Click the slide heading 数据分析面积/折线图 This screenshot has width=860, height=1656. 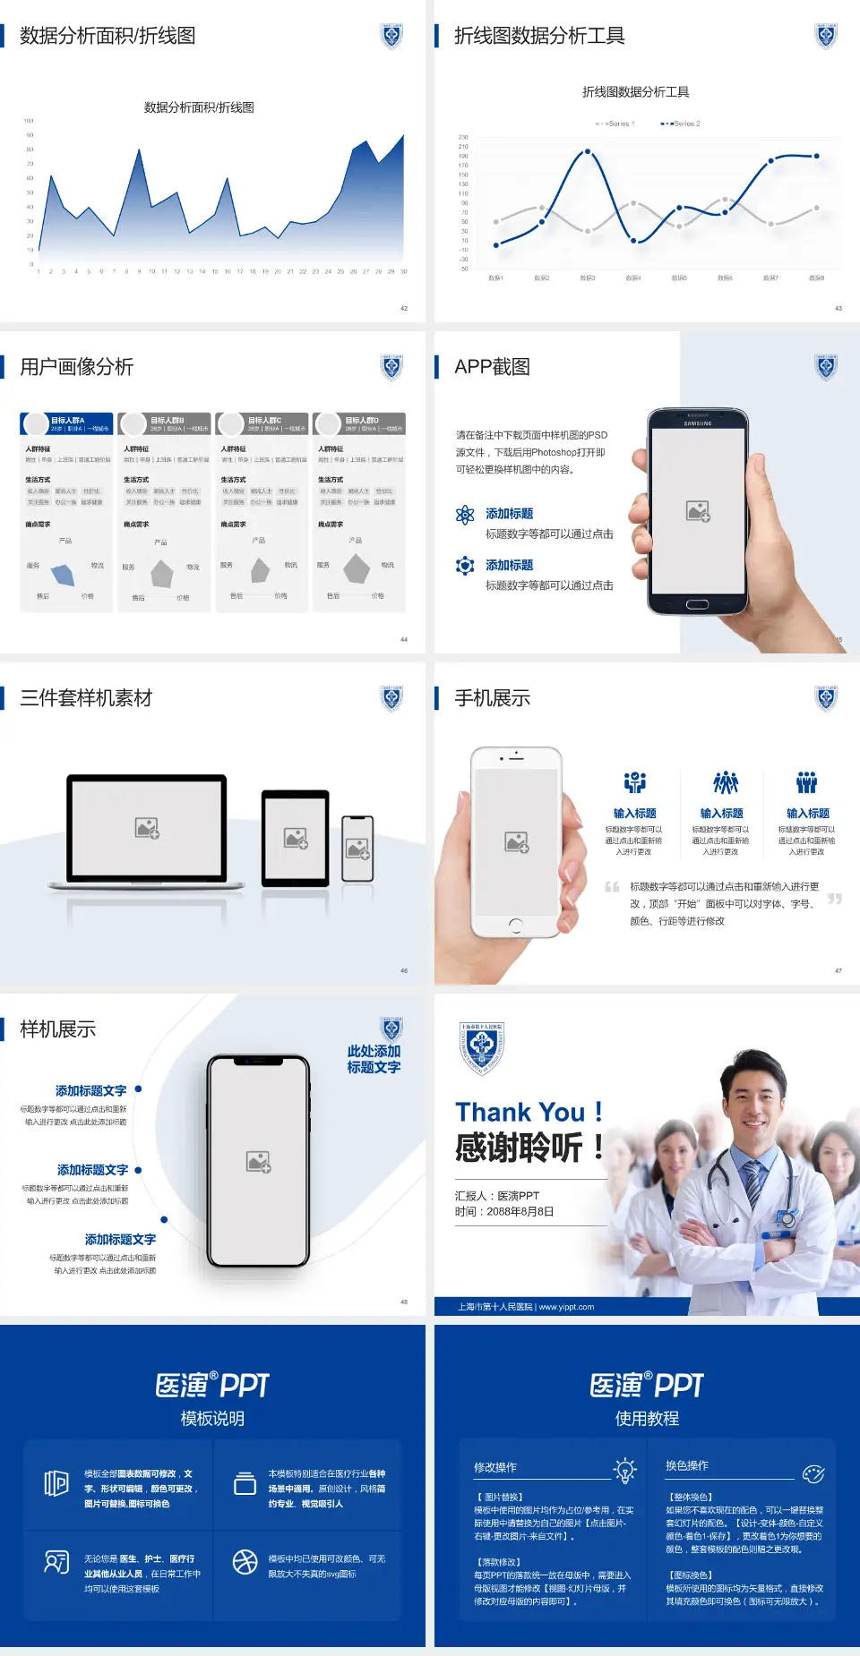coord(107,36)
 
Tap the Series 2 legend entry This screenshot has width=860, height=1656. coord(682,124)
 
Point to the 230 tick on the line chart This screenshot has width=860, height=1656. coord(463,137)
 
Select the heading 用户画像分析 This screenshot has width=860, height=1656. coord(77,367)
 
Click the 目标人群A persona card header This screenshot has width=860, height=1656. coord(67,423)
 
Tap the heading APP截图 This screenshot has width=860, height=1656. coord(492,367)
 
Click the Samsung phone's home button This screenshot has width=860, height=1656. coord(697,604)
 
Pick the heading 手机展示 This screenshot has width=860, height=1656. coord(492,698)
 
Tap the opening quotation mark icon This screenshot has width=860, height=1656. coord(612,887)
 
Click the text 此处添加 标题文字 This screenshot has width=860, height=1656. coord(374,1059)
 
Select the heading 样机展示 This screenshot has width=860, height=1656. coord(58,1029)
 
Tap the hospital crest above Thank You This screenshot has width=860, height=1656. coord(482,1047)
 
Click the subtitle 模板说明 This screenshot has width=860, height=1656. coord(212,1419)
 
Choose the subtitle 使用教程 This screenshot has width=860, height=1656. coord(647,1419)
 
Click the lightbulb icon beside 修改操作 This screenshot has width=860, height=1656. coord(624,1470)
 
